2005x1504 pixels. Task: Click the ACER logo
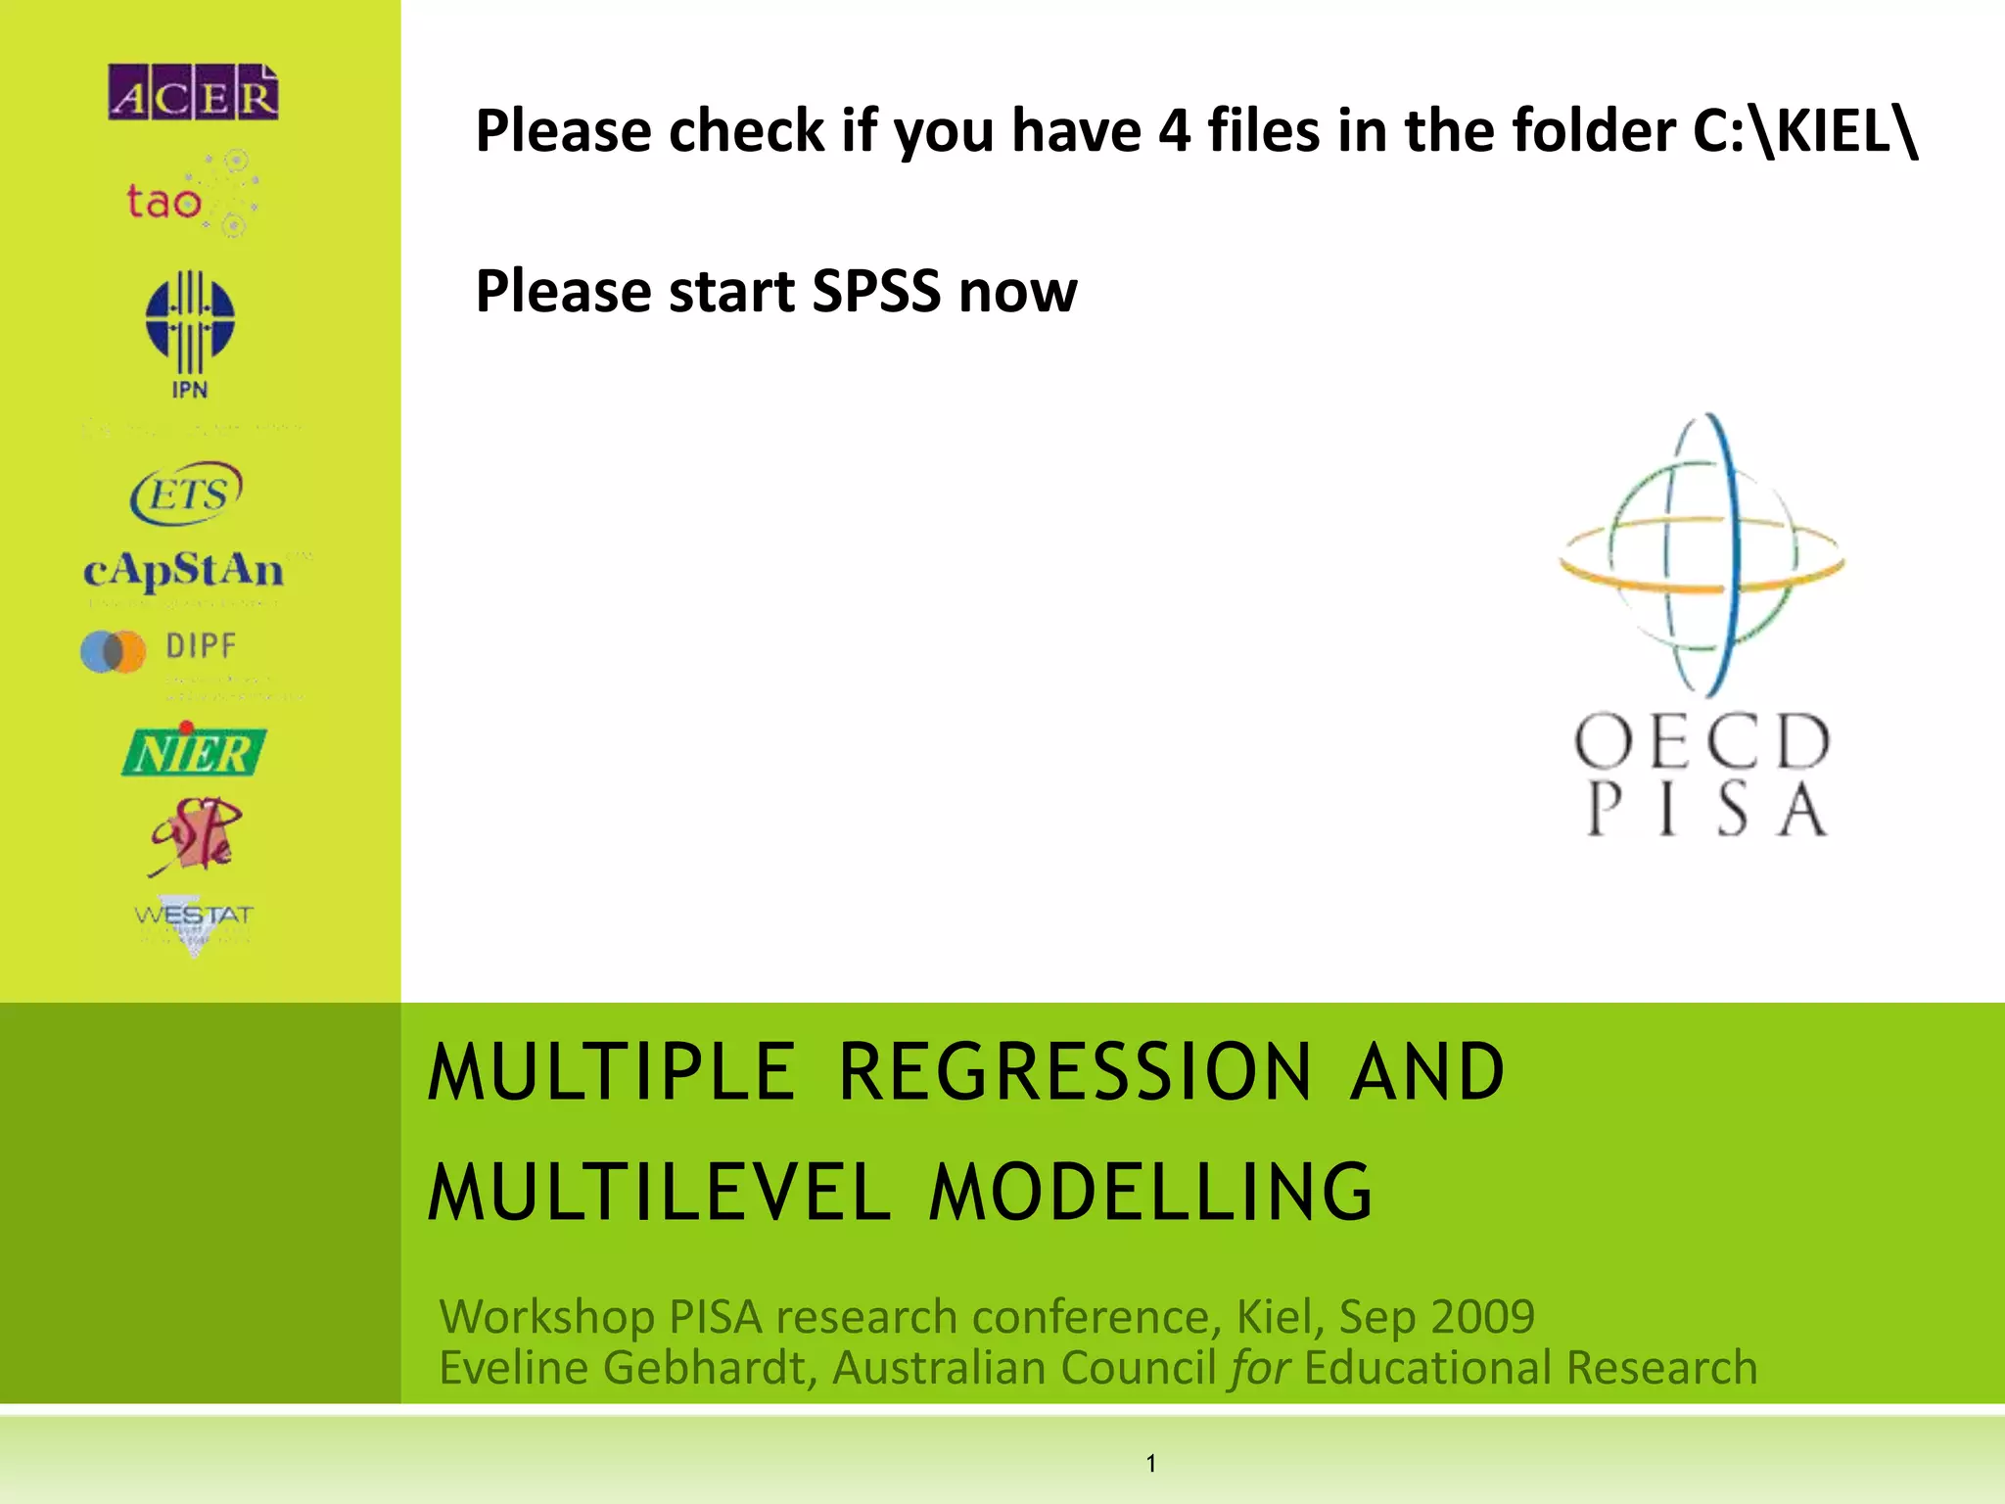click(193, 93)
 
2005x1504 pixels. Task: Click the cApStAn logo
click(184, 570)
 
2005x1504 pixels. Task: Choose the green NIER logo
click(194, 752)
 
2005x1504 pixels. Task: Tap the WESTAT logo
click(194, 920)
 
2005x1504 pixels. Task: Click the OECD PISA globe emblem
click(1702, 554)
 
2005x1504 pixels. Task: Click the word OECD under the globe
click(1702, 741)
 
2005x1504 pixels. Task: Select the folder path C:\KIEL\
click(1805, 130)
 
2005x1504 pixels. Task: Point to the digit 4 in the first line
click(1174, 130)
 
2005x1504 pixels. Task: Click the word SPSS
click(876, 291)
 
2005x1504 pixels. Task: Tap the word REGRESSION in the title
click(1074, 1072)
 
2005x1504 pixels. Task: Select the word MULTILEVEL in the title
click(659, 1193)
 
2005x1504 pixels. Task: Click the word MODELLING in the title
click(1151, 1193)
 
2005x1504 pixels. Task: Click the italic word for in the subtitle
click(1261, 1368)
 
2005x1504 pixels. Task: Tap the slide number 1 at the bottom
click(1151, 1464)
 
